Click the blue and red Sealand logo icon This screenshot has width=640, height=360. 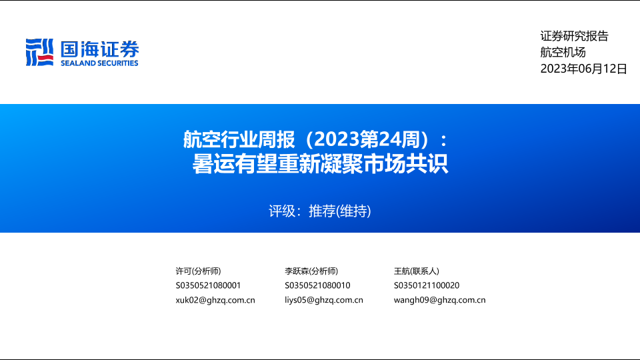[x=39, y=52]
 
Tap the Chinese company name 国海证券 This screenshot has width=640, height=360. [x=100, y=49]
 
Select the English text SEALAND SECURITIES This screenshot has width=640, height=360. [x=99, y=63]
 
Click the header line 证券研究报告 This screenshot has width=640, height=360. [x=574, y=36]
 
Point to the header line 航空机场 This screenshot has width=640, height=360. [x=563, y=52]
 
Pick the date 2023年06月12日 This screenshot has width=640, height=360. [x=584, y=69]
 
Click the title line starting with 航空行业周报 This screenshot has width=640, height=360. [x=315, y=139]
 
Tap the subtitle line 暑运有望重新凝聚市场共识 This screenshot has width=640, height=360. [x=321, y=164]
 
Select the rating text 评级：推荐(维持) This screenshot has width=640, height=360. [x=320, y=211]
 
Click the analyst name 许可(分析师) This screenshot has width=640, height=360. [x=199, y=271]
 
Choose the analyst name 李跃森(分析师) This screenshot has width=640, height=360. [x=311, y=271]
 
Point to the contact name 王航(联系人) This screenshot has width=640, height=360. [x=416, y=271]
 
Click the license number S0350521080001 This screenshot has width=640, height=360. [x=208, y=285]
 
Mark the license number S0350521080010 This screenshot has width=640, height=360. [x=317, y=285]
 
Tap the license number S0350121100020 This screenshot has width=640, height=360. [x=427, y=285]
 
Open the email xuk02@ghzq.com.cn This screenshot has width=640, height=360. [x=215, y=300]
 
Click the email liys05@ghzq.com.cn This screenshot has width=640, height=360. [x=324, y=300]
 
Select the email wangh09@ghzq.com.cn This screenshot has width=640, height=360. [x=439, y=300]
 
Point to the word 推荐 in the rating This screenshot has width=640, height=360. [x=322, y=211]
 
